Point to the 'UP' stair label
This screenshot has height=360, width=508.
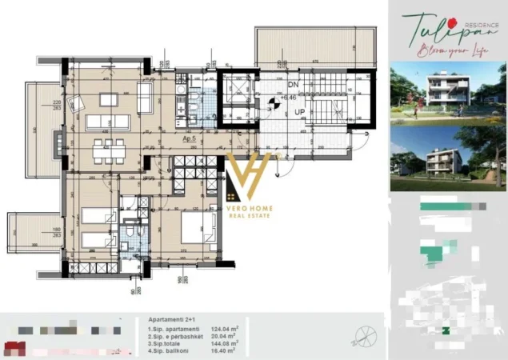click(x=300, y=113)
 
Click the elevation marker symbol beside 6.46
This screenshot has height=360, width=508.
click(x=276, y=102)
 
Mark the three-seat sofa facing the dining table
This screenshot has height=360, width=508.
click(x=108, y=122)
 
